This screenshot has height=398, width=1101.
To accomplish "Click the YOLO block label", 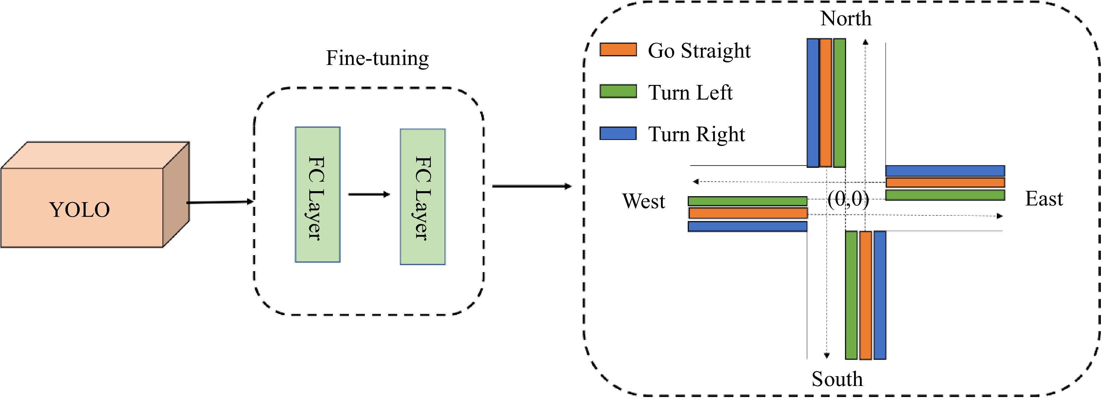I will [80, 209].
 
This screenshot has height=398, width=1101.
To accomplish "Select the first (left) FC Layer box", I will [318, 195].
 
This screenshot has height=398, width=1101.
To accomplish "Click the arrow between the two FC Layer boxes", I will [369, 195].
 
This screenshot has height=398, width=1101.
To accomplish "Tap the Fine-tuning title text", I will [377, 58].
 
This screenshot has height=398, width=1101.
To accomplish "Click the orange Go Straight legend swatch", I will [618, 50].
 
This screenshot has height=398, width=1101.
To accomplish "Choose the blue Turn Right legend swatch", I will [618, 133].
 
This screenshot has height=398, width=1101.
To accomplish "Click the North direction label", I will [845, 18].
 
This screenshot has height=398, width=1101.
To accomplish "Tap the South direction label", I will [837, 379].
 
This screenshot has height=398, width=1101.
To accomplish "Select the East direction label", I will [1044, 199].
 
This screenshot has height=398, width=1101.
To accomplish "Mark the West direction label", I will [643, 201].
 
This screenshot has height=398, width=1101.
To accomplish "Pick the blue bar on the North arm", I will [812, 103].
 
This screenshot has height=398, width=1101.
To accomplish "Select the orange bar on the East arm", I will [945, 183].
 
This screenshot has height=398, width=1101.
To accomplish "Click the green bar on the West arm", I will [747, 201].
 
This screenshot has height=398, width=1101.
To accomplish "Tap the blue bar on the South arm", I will [880, 295].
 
